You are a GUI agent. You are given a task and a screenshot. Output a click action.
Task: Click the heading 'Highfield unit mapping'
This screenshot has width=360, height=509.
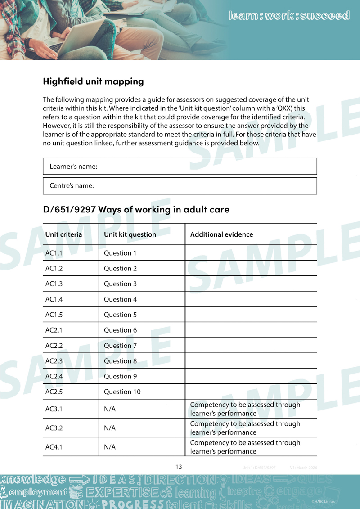[93, 81]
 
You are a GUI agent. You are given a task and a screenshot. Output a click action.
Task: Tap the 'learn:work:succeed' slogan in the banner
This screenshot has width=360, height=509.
[288, 16]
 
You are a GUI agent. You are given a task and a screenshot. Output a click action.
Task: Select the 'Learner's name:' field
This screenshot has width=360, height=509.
[180, 167]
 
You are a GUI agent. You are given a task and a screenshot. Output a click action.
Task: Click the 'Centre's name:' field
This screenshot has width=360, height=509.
[180, 185]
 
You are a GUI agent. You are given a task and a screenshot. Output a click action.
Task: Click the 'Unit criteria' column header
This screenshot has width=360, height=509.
[63, 234]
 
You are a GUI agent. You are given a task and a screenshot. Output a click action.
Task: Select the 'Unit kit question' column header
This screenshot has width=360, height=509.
[130, 234]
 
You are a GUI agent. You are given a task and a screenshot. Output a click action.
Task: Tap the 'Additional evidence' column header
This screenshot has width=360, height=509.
[221, 234]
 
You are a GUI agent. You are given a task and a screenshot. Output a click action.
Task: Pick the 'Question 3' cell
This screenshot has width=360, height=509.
[120, 284]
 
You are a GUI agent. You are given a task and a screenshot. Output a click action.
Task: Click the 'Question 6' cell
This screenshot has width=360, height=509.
[120, 330]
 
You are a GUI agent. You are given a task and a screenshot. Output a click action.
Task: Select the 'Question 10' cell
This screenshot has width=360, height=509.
[122, 392]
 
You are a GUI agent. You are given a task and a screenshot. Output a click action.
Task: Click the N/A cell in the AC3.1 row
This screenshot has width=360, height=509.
[109, 409]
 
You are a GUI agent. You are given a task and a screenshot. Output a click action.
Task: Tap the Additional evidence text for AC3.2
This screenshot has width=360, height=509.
[245, 428]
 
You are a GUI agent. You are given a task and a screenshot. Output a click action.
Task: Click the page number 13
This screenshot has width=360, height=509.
[179, 467]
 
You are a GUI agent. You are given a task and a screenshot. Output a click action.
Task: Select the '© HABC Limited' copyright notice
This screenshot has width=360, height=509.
[323, 501]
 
